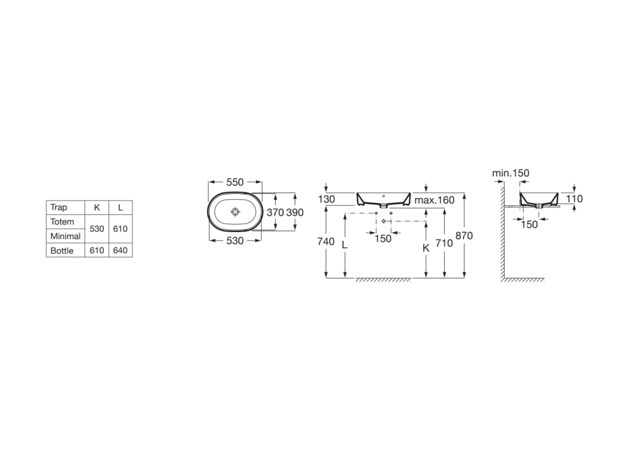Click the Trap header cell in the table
(x=59, y=207)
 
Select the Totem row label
(x=62, y=222)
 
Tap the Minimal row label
(x=65, y=236)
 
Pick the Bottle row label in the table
(x=62, y=251)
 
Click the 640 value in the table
(x=120, y=251)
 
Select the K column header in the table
(x=97, y=207)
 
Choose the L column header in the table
(x=120, y=207)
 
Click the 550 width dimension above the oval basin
(x=235, y=182)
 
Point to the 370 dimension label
(x=275, y=213)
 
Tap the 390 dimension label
(x=294, y=213)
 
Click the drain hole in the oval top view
(x=235, y=212)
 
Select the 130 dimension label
(x=326, y=200)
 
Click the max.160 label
(x=434, y=200)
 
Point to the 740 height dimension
(x=326, y=242)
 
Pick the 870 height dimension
(x=464, y=236)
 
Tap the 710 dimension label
(x=444, y=243)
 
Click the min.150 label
(x=510, y=173)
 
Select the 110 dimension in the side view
(x=574, y=198)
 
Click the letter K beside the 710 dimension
(x=426, y=248)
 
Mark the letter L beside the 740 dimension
(x=345, y=245)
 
